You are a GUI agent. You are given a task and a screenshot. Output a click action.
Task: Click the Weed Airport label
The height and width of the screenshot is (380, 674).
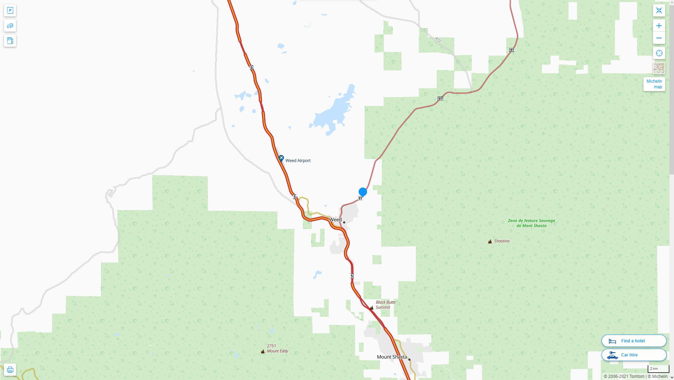298,160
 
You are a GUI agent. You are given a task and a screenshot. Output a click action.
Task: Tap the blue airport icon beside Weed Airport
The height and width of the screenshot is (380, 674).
281,158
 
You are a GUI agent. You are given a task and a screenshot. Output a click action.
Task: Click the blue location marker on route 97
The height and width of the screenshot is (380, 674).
362,192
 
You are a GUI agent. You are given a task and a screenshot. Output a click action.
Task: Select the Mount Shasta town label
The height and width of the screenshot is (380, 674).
392,357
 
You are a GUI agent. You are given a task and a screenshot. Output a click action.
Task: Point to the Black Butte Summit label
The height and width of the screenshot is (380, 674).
385,305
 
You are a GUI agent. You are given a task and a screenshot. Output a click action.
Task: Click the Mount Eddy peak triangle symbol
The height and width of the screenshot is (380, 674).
263,351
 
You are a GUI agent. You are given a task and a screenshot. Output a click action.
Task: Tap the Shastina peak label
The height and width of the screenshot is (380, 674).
501,241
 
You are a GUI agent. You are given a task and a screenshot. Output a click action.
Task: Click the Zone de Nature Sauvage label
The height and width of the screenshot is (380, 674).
531,223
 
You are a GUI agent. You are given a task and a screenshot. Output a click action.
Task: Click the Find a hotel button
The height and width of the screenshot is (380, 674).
634,341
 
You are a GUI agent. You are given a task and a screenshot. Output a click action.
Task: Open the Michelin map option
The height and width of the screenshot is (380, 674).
654,84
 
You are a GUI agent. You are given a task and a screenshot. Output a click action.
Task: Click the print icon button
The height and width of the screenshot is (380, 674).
10,370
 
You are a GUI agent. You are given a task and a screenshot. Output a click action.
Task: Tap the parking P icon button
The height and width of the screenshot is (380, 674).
10,11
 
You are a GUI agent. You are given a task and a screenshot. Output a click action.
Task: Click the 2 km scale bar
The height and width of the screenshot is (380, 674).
658,369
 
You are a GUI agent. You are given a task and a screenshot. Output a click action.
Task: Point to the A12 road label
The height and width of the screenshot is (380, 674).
438,40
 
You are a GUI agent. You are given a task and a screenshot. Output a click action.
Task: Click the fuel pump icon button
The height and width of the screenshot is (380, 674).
10,40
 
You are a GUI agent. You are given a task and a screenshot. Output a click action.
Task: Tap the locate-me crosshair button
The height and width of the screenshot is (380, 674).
659,53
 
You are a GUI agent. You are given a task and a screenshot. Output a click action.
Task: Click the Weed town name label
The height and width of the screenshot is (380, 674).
335,220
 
